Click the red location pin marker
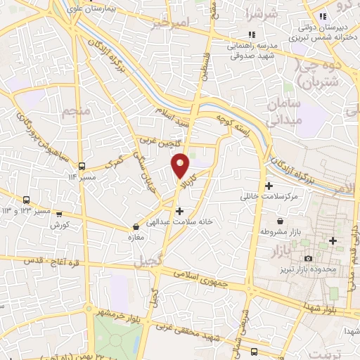[181, 165]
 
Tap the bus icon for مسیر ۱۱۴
[82, 167]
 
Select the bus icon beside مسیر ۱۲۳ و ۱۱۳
[26, 200]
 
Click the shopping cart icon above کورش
[59, 214]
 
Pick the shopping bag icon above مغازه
[136, 227]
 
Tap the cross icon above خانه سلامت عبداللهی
[180, 210]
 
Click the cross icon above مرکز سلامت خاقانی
[269, 186]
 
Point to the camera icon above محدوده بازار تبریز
[308, 259]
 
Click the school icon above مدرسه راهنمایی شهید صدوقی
[252, 33]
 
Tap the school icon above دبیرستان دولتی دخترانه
[322, 15]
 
